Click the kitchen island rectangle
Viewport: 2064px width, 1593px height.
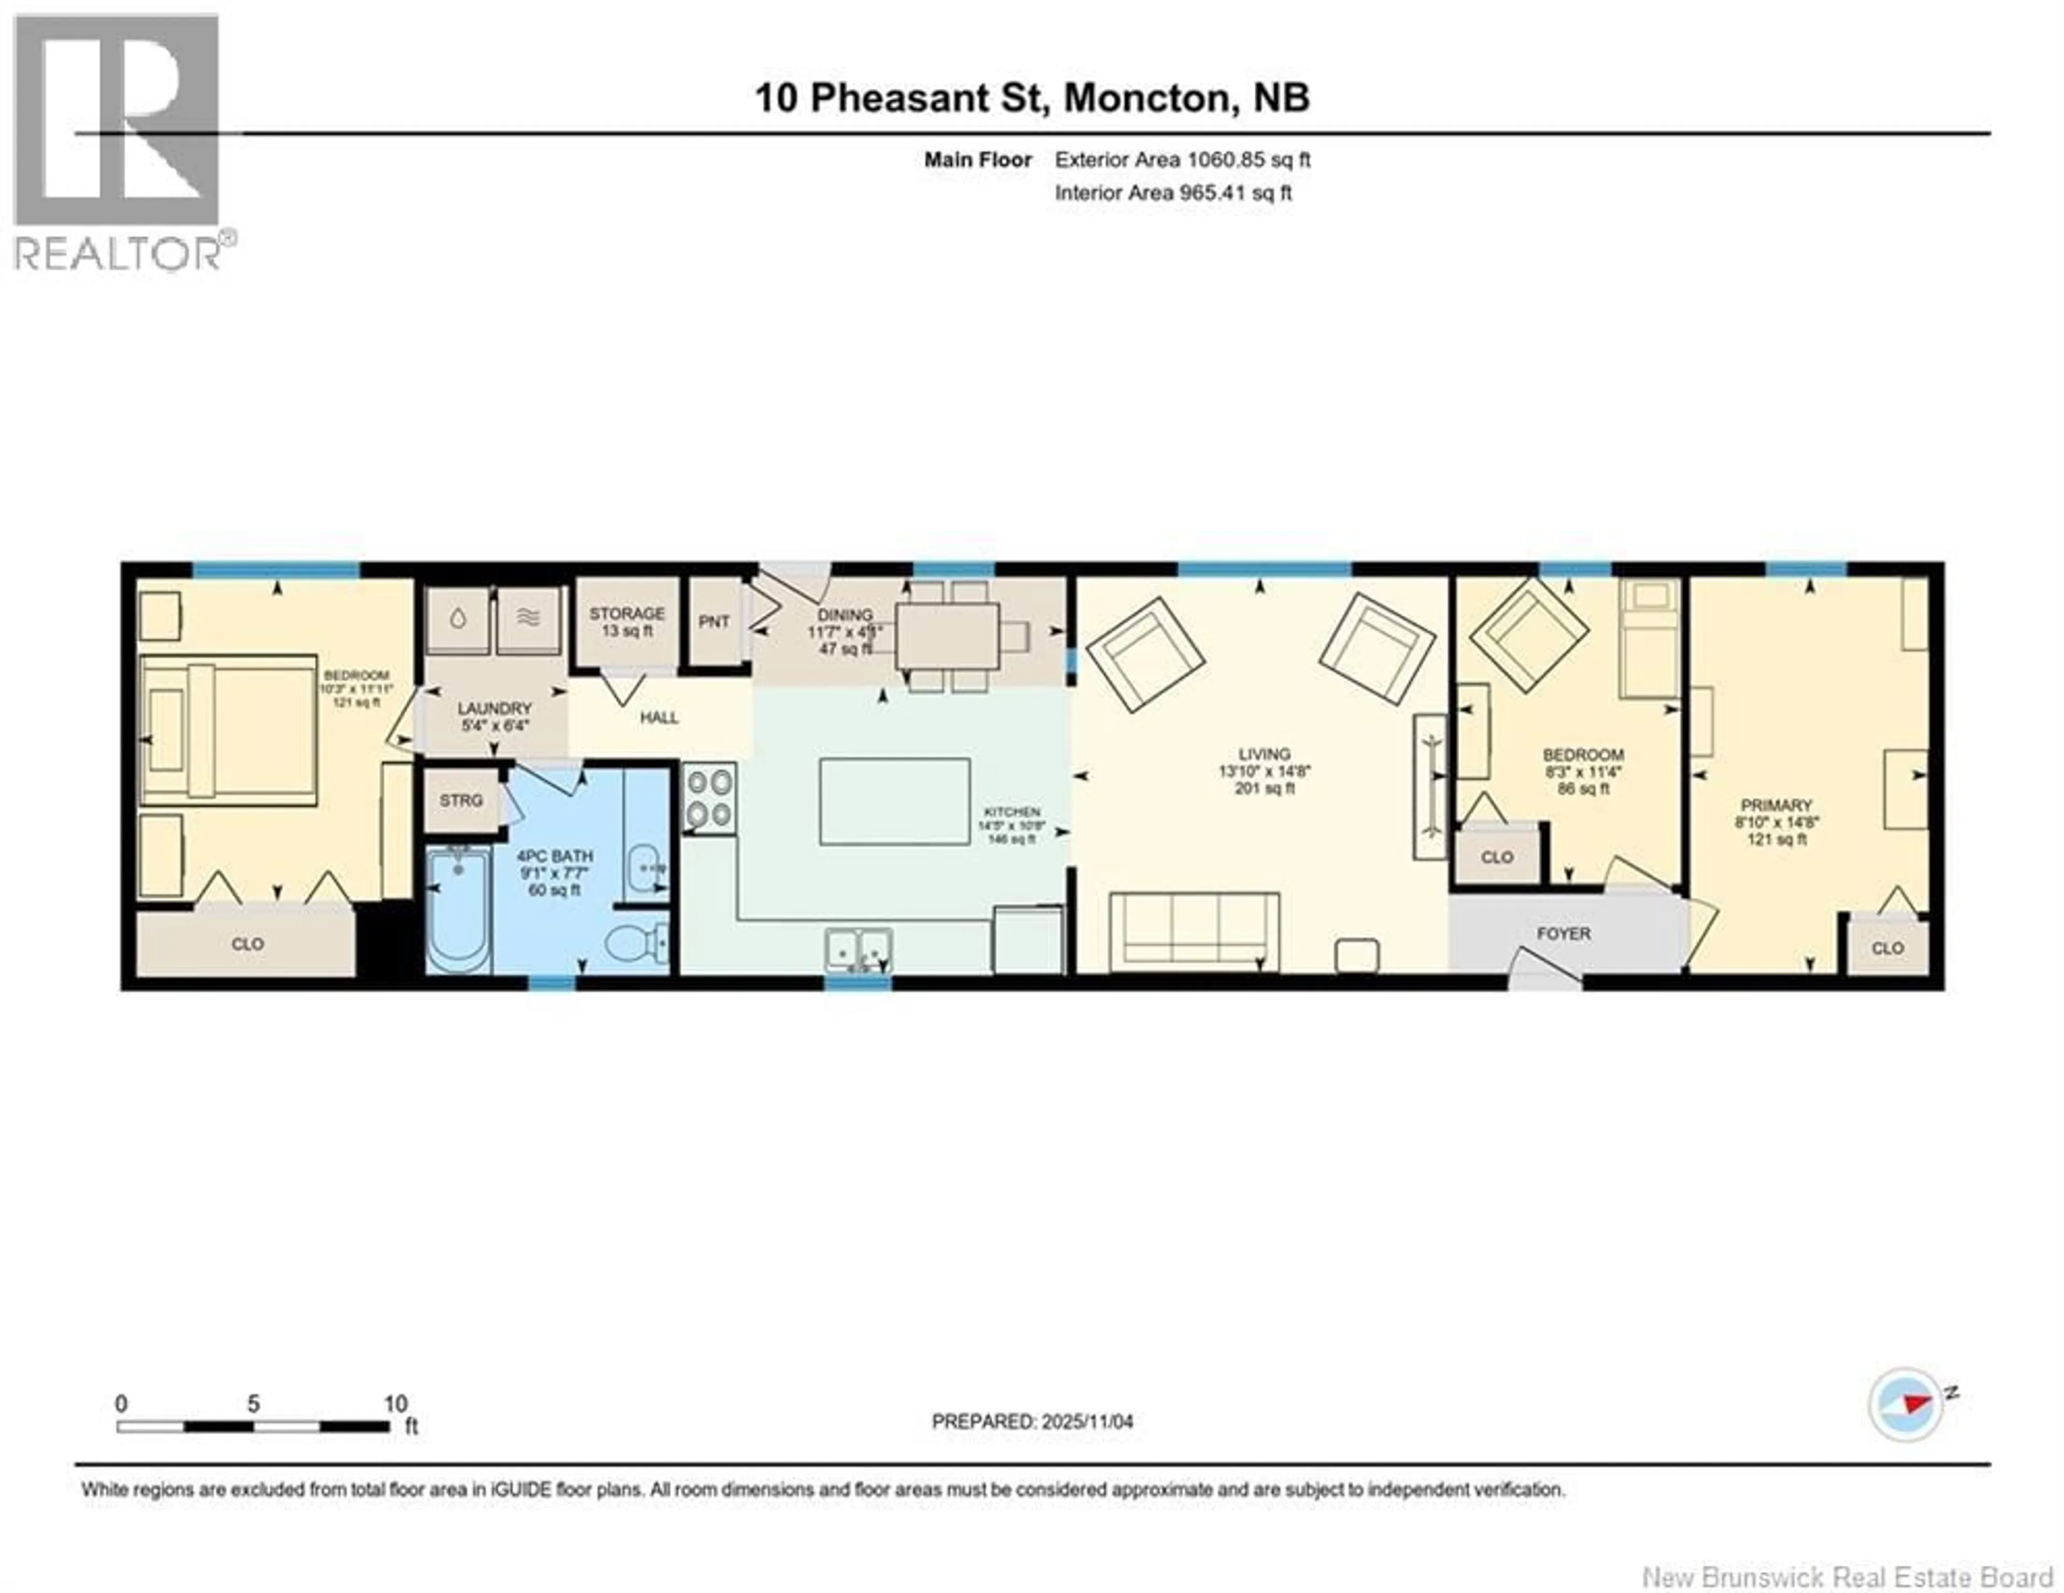(x=894, y=801)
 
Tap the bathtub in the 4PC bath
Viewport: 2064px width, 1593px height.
(x=458, y=909)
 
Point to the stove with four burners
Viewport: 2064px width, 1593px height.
(x=709, y=799)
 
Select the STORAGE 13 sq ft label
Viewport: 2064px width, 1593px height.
(x=627, y=621)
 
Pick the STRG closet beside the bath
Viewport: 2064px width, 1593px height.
(x=461, y=800)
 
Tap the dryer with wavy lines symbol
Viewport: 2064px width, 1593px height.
(x=528, y=620)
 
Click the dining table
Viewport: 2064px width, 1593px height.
(x=947, y=636)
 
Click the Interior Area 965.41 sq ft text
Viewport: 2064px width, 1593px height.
(x=1173, y=193)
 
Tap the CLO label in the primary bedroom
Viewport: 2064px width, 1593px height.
(x=1887, y=948)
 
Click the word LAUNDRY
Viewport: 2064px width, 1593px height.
(x=494, y=708)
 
